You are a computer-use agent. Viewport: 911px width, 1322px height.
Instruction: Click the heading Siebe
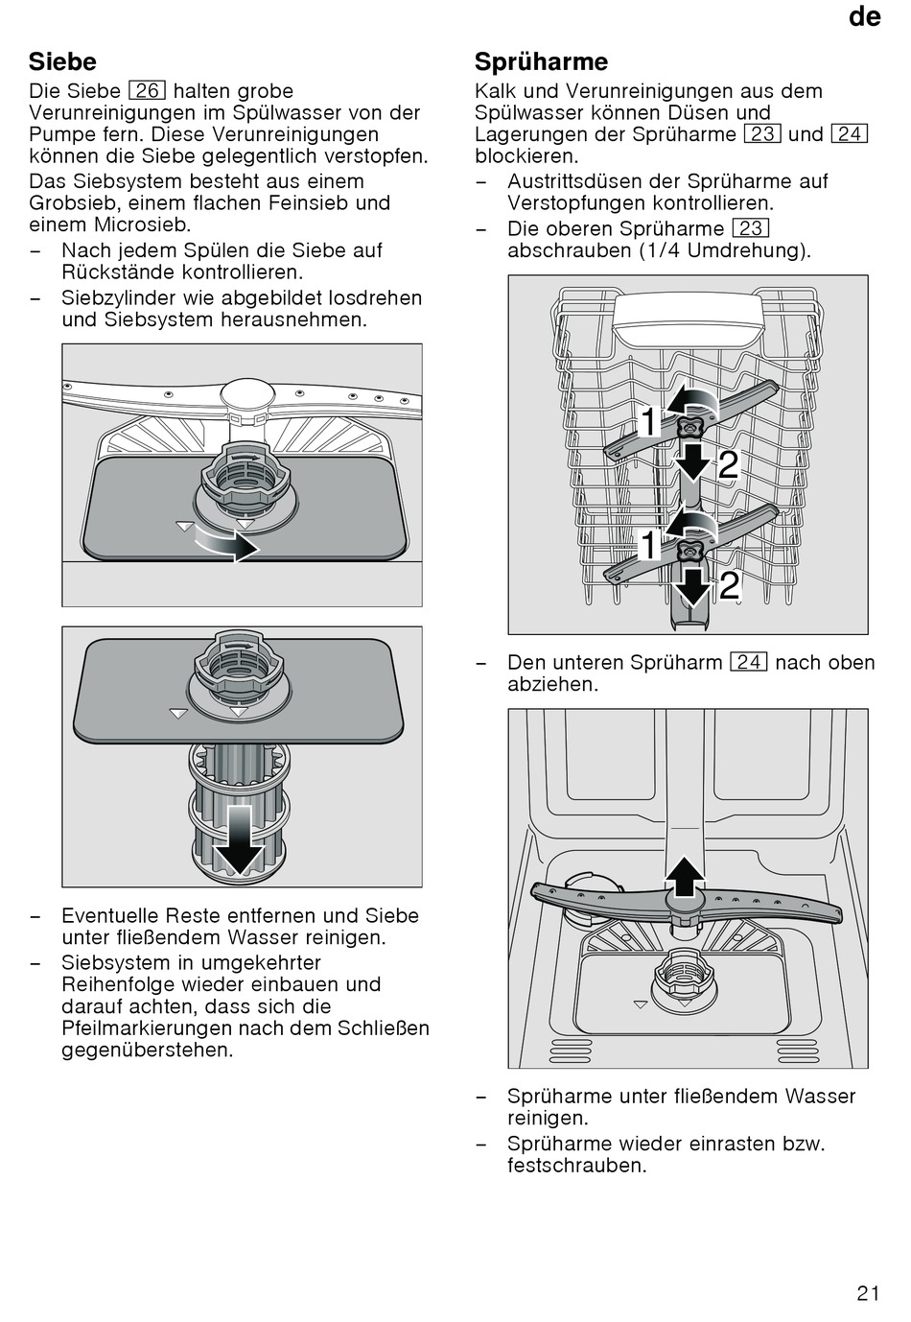pyautogui.click(x=62, y=61)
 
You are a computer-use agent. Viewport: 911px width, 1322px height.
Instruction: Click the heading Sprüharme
pyautogui.click(x=541, y=61)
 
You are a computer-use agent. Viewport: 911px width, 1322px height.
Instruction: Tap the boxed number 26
pyautogui.click(x=147, y=91)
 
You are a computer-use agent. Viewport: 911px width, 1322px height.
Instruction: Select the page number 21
pyautogui.click(x=868, y=1293)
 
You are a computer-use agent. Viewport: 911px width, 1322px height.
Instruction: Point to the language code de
pyautogui.click(x=864, y=16)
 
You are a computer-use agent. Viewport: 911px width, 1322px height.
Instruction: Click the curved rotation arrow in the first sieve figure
pyautogui.click(x=227, y=542)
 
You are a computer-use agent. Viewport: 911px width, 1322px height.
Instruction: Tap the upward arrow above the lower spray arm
pyautogui.click(x=685, y=877)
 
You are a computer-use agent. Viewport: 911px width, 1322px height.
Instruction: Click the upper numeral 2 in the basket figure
pyautogui.click(x=728, y=464)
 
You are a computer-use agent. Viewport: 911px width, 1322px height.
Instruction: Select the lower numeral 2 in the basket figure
pyautogui.click(x=729, y=584)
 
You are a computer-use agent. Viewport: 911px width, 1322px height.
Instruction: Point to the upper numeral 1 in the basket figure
pyautogui.click(x=648, y=422)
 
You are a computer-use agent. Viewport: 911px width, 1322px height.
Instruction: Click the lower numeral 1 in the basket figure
pyautogui.click(x=648, y=545)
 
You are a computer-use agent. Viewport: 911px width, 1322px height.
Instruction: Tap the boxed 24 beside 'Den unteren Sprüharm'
pyautogui.click(x=749, y=662)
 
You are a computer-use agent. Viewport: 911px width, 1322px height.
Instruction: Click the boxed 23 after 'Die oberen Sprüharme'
pyautogui.click(x=750, y=228)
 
